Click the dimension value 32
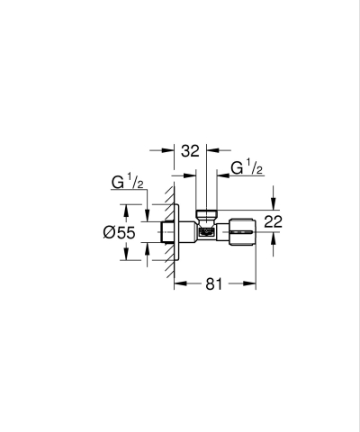190,152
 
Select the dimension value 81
212,283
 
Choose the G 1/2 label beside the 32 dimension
245,168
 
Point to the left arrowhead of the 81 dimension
178,283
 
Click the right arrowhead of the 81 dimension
252,283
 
